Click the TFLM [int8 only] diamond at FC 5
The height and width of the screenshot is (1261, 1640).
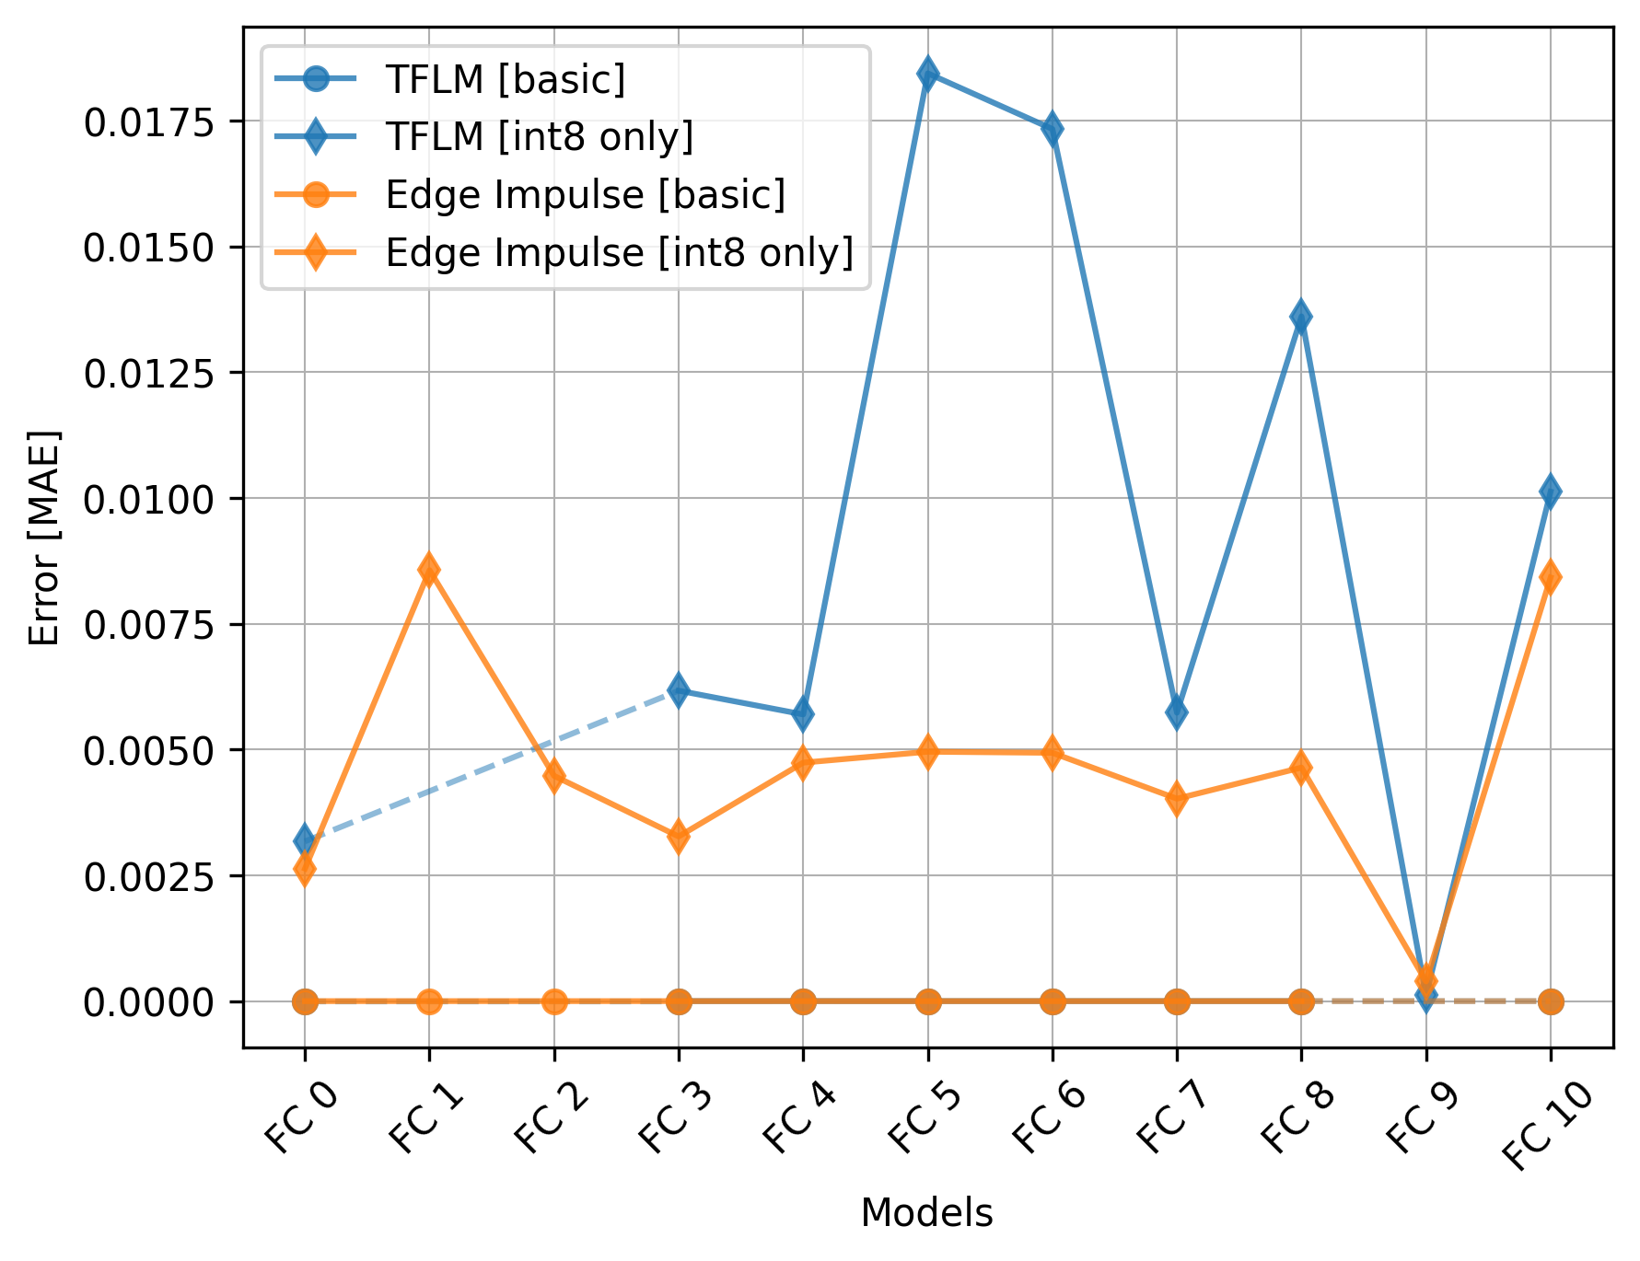coord(928,74)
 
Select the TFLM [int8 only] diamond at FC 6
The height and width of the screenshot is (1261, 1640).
coord(1053,129)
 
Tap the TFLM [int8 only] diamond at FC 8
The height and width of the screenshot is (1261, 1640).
coord(1301,318)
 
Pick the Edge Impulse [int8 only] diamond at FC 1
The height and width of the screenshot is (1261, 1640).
coord(429,570)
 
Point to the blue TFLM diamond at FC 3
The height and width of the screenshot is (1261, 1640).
coord(679,690)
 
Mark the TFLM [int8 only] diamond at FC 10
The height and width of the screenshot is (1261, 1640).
coord(1551,492)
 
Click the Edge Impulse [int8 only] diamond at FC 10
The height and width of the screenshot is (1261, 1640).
coord(1551,577)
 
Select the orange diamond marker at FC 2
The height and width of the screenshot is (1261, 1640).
coord(554,776)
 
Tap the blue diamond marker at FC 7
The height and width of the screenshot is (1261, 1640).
coord(1177,711)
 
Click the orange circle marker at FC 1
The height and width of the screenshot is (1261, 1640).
coord(429,1001)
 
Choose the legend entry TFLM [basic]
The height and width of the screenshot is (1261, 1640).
coord(505,79)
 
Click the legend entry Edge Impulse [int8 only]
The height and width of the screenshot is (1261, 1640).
coord(619,252)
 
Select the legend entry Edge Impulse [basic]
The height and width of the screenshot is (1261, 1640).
coord(585,194)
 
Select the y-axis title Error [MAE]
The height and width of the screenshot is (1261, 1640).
coord(43,538)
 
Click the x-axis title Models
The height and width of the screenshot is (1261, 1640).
coord(927,1213)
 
